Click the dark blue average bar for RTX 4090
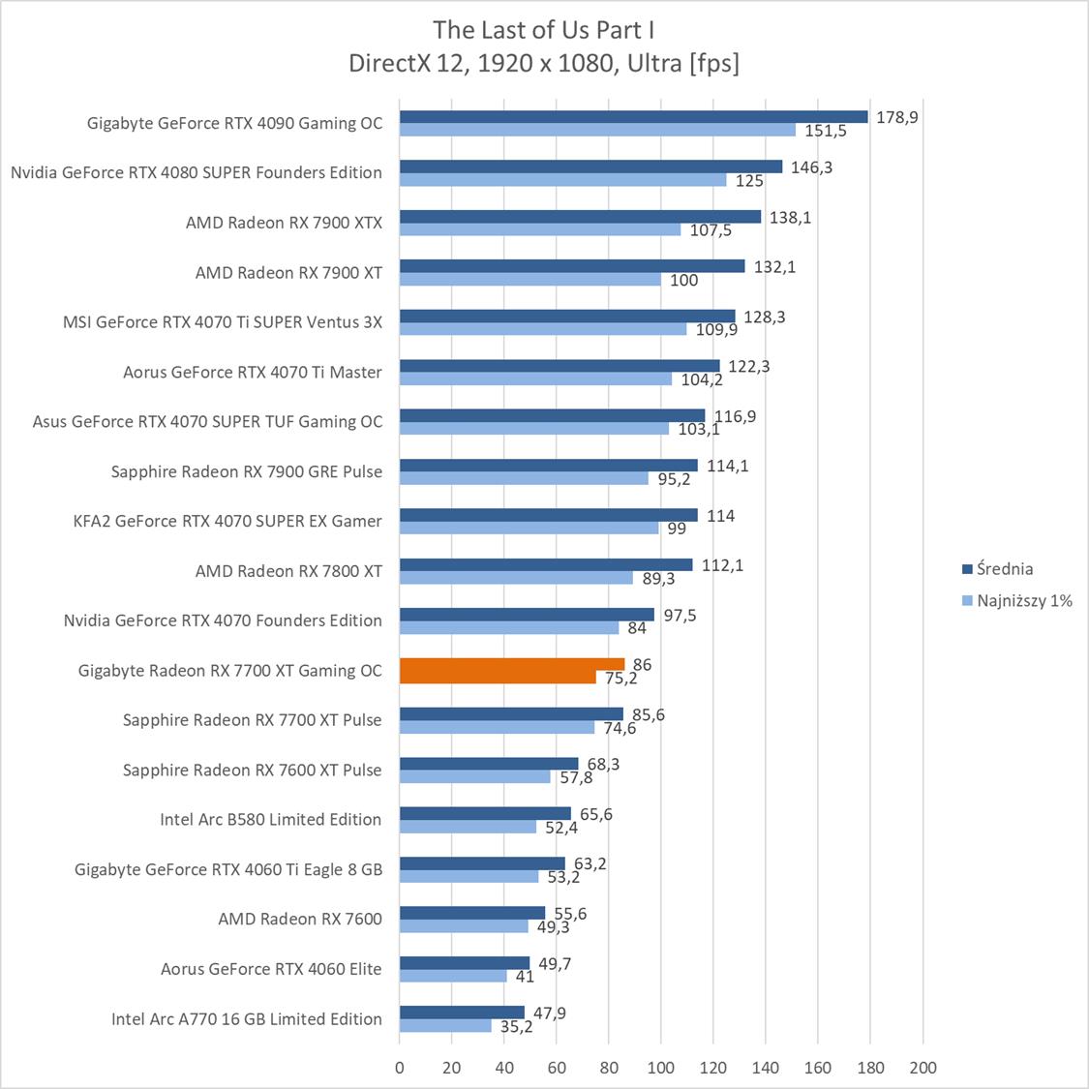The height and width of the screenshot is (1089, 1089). [x=633, y=117]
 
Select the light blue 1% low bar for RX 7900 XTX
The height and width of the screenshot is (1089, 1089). [x=540, y=230]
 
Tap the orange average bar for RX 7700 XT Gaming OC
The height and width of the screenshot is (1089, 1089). [x=511, y=664]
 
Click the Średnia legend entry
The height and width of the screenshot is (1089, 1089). [x=1004, y=569]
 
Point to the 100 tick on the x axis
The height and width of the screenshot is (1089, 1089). [x=661, y=1068]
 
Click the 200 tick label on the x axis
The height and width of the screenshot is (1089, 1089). [x=923, y=1068]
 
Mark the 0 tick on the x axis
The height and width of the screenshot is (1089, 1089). [x=400, y=1068]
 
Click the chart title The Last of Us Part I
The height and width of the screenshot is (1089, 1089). [x=544, y=29]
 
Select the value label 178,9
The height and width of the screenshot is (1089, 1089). [x=896, y=117]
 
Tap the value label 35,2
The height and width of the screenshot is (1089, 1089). [x=517, y=1027]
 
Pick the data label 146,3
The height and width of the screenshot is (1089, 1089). [x=811, y=166]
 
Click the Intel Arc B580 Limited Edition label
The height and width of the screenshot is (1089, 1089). [x=270, y=819]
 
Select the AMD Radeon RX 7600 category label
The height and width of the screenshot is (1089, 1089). [x=299, y=919]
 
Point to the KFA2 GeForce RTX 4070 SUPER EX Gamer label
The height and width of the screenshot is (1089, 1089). [x=227, y=521]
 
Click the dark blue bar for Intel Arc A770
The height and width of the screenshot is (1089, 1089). [x=462, y=1013]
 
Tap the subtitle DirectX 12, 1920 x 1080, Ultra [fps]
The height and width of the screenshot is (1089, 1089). [x=544, y=63]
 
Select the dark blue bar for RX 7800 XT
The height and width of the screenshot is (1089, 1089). [x=546, y=564]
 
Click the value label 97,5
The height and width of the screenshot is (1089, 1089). [x=680, y=615]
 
